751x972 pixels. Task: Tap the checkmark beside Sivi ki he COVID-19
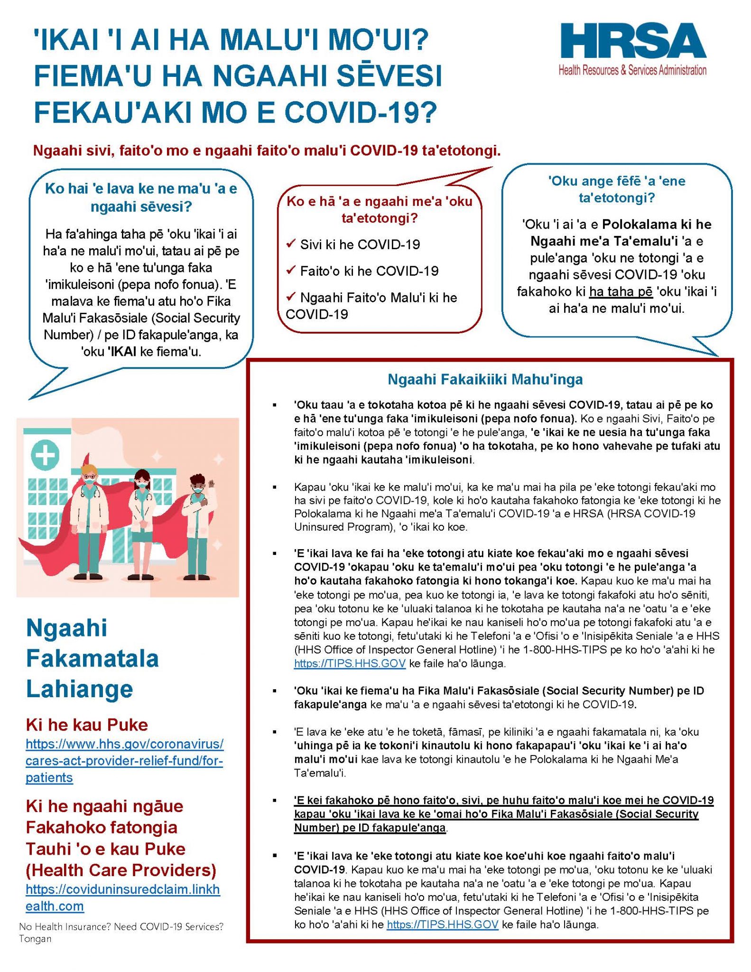[291, 244]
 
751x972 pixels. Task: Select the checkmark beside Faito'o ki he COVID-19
[291, 271]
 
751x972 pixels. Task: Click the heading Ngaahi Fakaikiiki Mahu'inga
[485, 379]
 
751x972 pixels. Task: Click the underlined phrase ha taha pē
[621, 291]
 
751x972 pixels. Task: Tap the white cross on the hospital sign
[45, 455]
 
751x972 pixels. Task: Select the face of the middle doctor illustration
[142, 483]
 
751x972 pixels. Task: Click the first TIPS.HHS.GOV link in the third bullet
[350, 663]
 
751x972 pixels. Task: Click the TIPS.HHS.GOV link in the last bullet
[442, 924]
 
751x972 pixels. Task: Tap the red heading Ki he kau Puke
[87, 725]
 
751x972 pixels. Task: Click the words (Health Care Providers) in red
[121, 869]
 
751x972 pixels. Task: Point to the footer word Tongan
[35, 939]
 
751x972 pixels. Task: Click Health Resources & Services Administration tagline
[632, 70]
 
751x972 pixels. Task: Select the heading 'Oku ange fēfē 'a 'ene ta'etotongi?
[616, 189]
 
